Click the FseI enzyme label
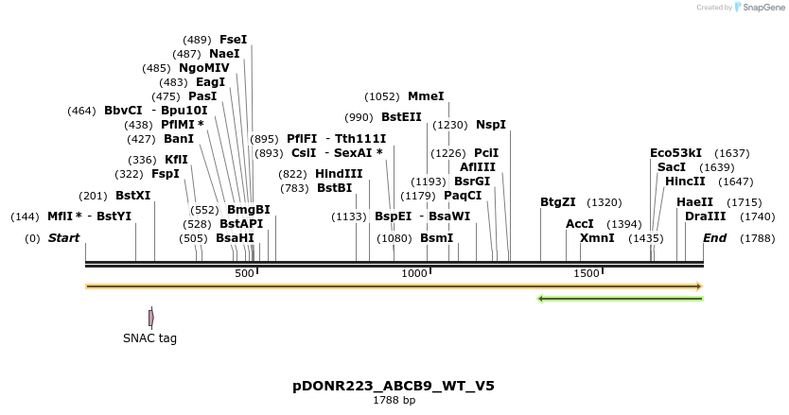click(233, 40)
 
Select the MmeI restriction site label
click(426, 96)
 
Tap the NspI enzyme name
click(491, 125)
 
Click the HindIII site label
click(339, 174)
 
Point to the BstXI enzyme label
click(132, 196)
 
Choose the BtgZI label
click(558, 202)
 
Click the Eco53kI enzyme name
click(676, 153)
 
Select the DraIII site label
click(705, 216)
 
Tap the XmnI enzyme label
click(597, 238)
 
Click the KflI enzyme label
click(176, 160)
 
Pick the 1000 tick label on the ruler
click(414, 273)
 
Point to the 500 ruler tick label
click(244, 273)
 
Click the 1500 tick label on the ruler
click(587, 273)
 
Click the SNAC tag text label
click(149, 338)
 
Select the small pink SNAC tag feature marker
click(150, 318)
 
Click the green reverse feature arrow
click(620, 299)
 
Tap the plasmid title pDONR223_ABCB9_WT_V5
click(394, 386)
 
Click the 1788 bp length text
click(394, 401)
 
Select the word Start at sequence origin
click(64, 238)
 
